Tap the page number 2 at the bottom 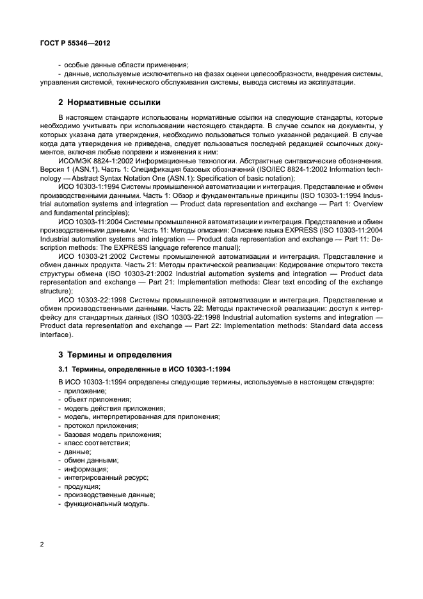(42, 545)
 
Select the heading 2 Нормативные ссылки (109, 102)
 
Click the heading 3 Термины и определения (115, 354)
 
